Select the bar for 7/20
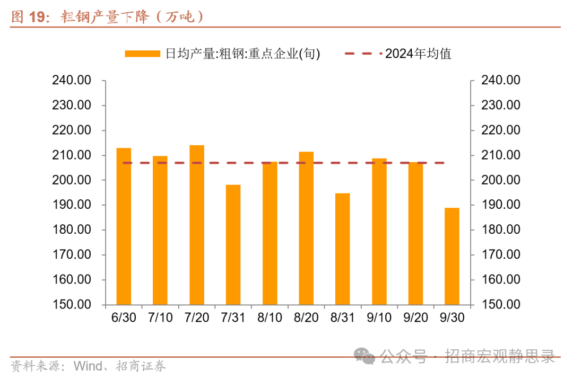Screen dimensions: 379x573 [197, 225]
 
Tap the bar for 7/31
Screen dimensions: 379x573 [233, 244]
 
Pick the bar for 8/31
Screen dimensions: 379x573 [342, 249]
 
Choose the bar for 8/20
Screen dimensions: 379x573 [306, 228]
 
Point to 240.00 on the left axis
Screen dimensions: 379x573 [72, 81]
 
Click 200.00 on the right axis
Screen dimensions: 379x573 [500, 180]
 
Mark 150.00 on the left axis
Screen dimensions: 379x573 [72, 305]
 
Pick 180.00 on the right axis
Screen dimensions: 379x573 [500, 230]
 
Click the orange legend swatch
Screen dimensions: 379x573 [142, 54]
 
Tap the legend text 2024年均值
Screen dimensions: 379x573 [418, 54]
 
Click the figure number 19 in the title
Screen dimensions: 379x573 [36, 17]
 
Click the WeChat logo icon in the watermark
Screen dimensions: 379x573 [365, 356]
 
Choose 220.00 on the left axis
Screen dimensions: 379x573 [72, 130]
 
